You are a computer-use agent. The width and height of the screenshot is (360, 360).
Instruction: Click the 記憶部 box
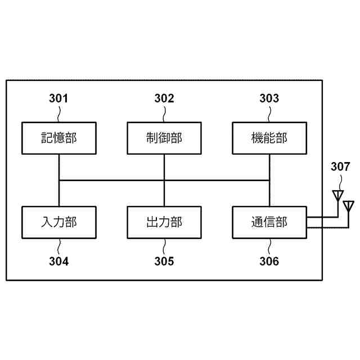(58, 138)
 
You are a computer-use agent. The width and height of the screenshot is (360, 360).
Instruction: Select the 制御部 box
(164, 138)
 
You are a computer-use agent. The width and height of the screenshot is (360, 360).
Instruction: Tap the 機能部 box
(269, 138)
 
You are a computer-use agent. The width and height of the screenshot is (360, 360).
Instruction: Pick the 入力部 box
(58, 222)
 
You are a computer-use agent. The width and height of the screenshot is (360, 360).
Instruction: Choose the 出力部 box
(164, 222)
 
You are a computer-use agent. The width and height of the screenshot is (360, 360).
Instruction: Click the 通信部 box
(269, 222)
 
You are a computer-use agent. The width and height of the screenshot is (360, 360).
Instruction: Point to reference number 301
(58, 99)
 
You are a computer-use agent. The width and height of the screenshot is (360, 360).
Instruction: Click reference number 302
(164, 99)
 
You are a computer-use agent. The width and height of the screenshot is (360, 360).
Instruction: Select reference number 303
(269, 99)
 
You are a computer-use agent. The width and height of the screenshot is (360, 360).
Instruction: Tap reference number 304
(58, 261)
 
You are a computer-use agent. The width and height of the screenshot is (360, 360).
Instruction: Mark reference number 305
(164, 261)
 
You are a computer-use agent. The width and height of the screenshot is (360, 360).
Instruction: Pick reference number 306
(269, 261)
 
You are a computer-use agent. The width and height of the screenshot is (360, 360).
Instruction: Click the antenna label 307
(340, 166)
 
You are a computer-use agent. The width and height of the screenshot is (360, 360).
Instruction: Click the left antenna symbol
(337, 195)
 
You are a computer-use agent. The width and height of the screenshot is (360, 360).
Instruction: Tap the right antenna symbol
(348, 205)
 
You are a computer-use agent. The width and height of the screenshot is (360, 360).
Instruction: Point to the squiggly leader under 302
(164, 114)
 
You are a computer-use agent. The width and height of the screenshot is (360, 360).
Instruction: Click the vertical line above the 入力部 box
(58, 193)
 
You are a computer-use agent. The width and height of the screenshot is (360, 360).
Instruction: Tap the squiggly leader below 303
(269, 114)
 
